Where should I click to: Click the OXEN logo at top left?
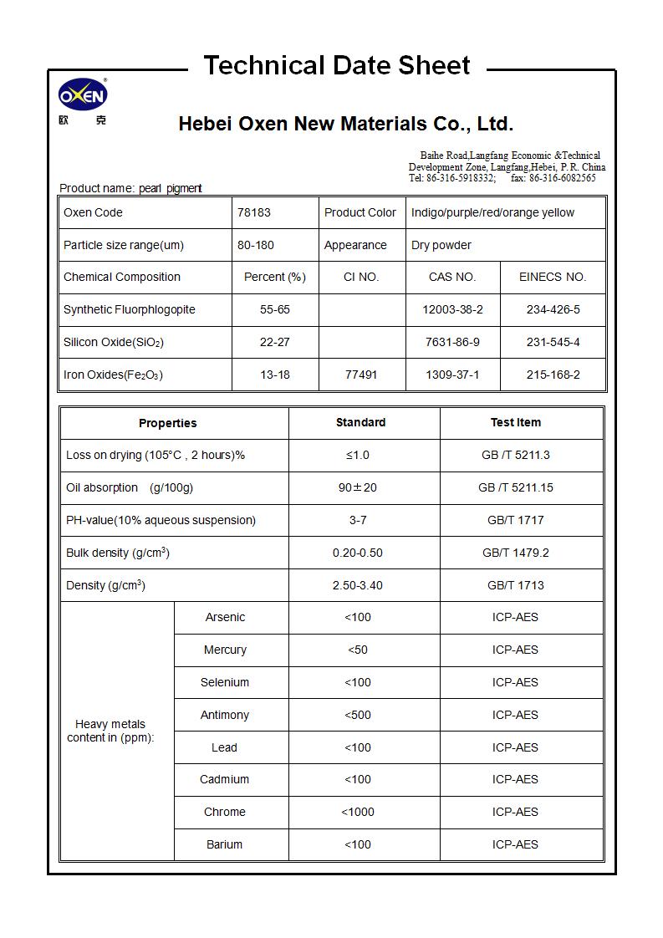[x=82, y=97]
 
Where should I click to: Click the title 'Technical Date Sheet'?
[x=337, y=65]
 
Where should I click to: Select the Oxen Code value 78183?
[x=254, y=212]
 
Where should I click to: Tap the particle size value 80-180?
[x=256, y=245]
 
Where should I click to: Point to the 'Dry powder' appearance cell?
[x=441, y=245]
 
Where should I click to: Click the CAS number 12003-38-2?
[x=452, y=309]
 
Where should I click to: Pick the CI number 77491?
[x=361, y=375]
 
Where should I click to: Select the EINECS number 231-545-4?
[x=553, y=342]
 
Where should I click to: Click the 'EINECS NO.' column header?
[x=553, y=277]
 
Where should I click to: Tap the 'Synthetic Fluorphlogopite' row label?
[x=130, y=309]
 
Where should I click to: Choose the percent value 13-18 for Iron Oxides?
[x=275, y=375]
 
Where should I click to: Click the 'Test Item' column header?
[x=515, y=422]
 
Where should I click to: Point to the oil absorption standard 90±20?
[x=358, y=487]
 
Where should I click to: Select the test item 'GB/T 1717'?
[x=515, y=520]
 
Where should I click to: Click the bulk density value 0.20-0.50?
[x=358, y=553]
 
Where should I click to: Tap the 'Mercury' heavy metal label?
[x=225, y=650]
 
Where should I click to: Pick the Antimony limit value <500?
[x=358, y=715]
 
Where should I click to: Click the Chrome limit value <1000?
[x=358, y=812]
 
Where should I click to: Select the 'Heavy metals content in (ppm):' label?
[x=110, y=731]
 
